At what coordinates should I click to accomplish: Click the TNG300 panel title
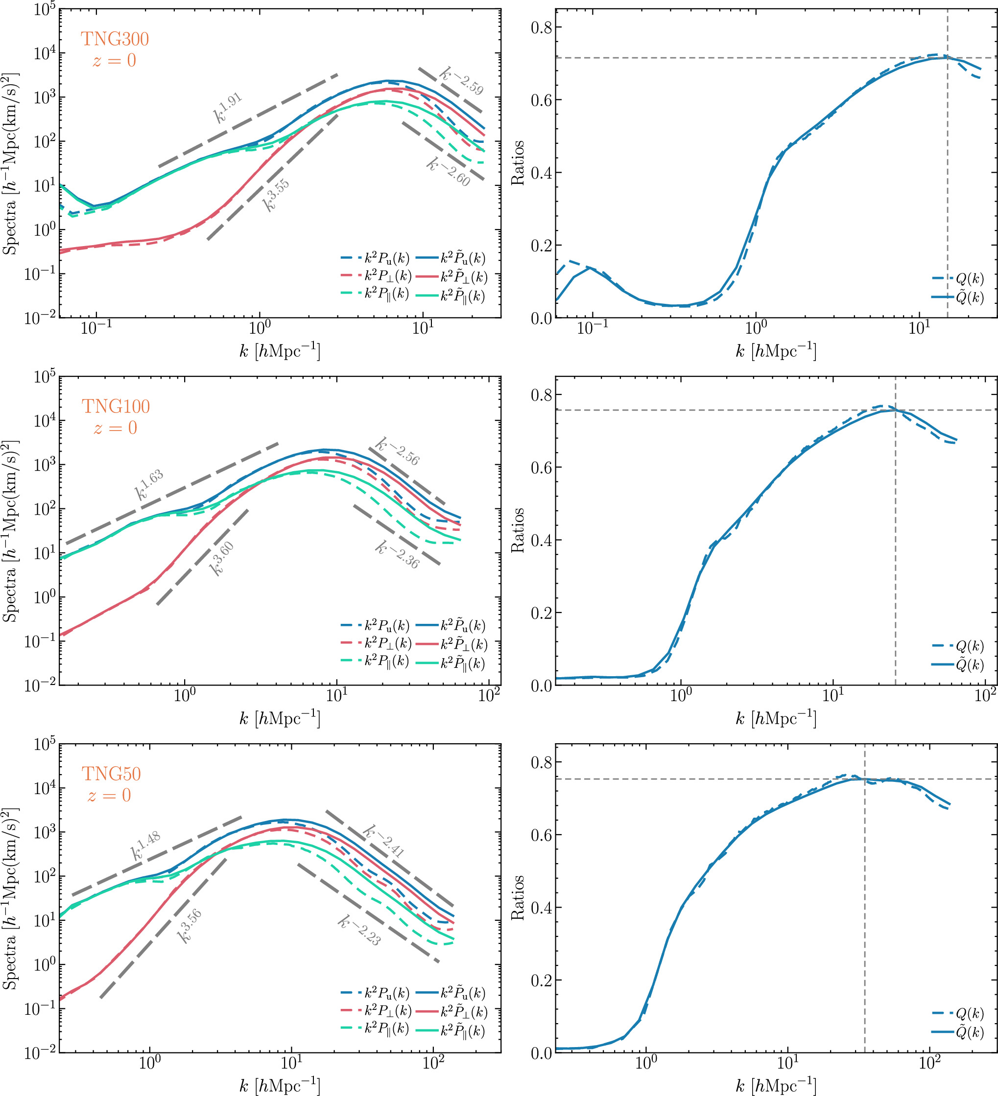click(x=115, y=39)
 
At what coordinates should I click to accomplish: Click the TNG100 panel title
click(x=116, y=407)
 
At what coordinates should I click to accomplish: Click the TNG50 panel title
click(x=111, y=774)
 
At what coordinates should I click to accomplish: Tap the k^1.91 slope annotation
click(x=227, y=108)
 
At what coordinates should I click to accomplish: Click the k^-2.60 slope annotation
click(x=449, y=172)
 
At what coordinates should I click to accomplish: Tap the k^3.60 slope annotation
click(x=222, y=558)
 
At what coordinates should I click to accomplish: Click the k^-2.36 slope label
click(x=398, y=554)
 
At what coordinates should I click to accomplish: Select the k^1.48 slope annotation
click(x=146, y=846)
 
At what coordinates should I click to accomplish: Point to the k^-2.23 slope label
click(x=359, y=930)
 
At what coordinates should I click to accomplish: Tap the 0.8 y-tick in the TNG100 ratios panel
click(x=542, y=395)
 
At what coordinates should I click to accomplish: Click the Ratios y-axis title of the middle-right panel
click(x=518, y=530)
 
